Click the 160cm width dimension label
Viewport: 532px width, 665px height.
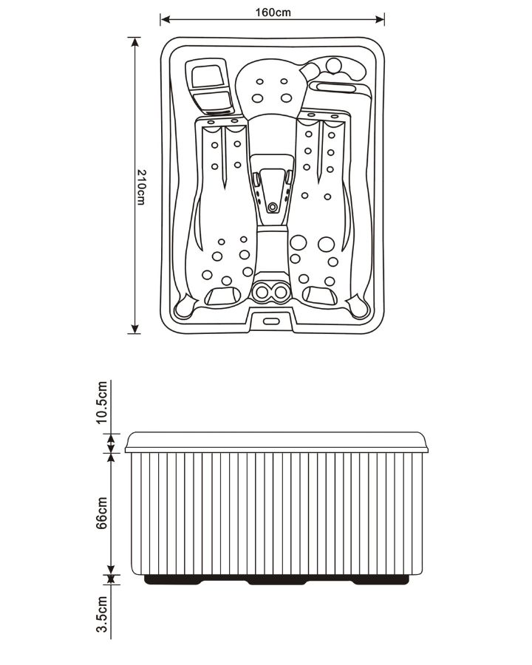(273, 13)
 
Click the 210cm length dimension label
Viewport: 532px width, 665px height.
(141, 188)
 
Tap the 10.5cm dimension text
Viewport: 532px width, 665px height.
(102, 402)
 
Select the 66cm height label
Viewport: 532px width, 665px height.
(102, 514)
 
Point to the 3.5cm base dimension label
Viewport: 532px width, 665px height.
(102, 614)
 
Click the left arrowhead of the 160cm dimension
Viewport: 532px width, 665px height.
(166, 19)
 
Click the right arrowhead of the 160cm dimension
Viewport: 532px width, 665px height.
(379, 19)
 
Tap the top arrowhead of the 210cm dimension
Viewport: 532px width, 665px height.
(135, 42)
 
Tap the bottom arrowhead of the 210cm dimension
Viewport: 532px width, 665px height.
(135, 329)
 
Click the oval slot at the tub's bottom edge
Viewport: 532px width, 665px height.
(271, 321)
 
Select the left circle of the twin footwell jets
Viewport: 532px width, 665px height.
(262, 292)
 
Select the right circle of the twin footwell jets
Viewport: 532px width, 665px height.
(280, 292)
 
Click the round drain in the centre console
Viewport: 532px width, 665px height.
(273, 208)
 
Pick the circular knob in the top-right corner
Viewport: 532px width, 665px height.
(333, 65)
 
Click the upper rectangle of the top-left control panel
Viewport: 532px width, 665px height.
(208, 77)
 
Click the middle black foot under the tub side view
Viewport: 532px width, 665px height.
(276, 580)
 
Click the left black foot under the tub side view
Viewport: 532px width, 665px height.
(173, 580)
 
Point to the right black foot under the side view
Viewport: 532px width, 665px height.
(381, 580)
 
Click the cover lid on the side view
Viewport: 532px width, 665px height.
(276, 443)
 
